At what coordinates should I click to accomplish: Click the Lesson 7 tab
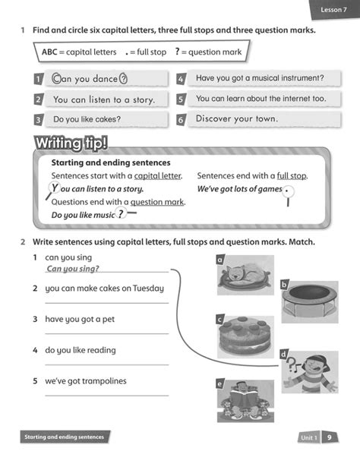pyautogui.click(x=333, y=8)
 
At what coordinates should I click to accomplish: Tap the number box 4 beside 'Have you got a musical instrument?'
pyautogui.click(x=182, y=78)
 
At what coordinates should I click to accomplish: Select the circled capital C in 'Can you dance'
pyautogui.click(x=55, y=77)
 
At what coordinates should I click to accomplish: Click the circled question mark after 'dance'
pyautogui.click(x=124, y=77)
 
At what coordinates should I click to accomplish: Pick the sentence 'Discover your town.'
pyautogui.click(x=237, y=118)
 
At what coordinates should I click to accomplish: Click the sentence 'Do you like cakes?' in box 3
pyautogui.click(x=87, y=119)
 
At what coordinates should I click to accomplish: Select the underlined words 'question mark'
pyautogui.click(x=157, y=202)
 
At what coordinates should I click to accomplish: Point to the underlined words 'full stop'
pyautogui.click(x=292, y=175)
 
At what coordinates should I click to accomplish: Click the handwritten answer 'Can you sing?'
pyautogui.click(x=73, y=268)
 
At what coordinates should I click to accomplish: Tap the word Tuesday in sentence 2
pyautogui.click(x=148, y=288)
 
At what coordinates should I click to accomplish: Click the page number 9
pyautogui.click(x=330, y=437)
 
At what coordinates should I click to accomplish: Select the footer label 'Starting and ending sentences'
pyautogui.click(x=65, y=437)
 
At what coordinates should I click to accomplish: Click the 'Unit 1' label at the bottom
pyautogui.click(x=308, y=438)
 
